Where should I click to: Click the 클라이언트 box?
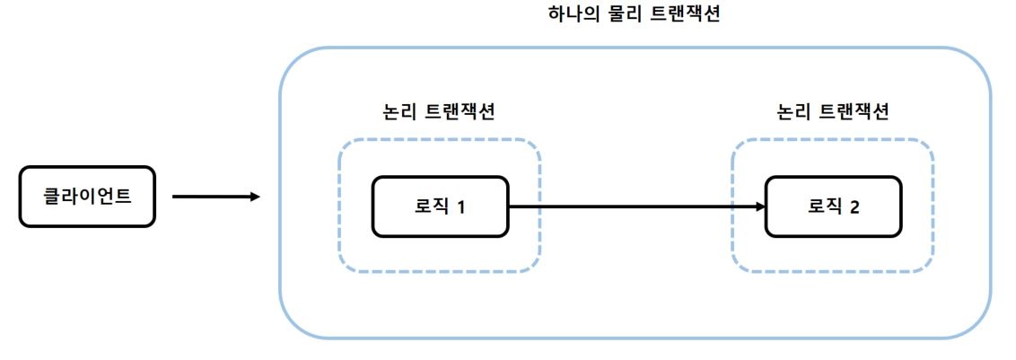click(x=87, y=197)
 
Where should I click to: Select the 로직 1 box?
click(x=440, y=206)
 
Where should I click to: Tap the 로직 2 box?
click(x=833, y=206)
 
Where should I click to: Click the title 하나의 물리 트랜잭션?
click(x=634, y=16)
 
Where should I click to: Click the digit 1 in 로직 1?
click(x=460, y=207)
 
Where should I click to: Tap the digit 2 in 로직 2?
click(x=854, y=207)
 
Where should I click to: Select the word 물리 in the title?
click(x=624, y=16)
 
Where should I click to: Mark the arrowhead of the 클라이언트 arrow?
click(x=255, y=197)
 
